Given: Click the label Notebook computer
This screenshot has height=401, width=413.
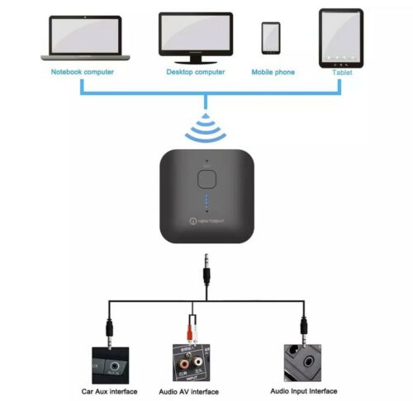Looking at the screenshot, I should coord(83,72).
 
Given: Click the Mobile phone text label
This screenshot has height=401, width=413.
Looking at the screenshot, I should coord(273,72).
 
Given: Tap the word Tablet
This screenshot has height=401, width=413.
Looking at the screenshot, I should coord(341,72).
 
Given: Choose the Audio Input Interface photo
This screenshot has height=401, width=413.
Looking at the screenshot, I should coord(305,360).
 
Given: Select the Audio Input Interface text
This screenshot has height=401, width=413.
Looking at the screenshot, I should coord(305,390).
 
